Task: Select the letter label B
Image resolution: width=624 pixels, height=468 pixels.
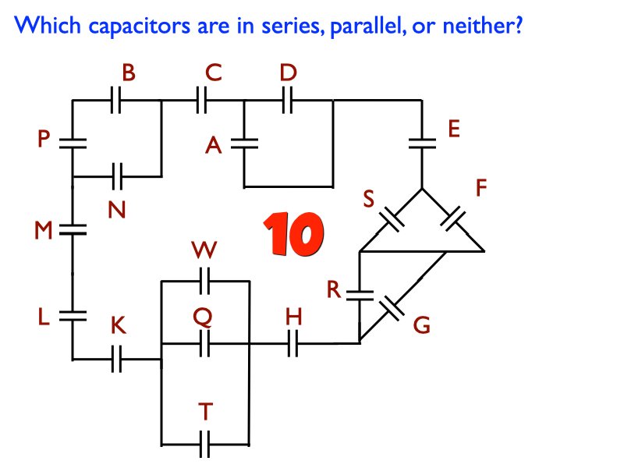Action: coord(128,73)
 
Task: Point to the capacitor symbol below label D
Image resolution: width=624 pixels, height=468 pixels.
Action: coord(287,101)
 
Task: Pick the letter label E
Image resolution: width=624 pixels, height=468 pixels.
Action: coord(455,129)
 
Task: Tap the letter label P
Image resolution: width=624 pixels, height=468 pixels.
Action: coord(44,140)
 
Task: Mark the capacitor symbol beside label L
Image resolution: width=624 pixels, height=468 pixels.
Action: coord(72,314)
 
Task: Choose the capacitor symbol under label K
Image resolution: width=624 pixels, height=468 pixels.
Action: coord(117,360)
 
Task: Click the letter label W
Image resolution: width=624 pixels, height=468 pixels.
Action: coord(204,251)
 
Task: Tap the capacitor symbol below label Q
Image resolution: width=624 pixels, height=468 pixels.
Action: coord(204,342)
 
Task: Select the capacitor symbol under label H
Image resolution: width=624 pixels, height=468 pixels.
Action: coord(293,342)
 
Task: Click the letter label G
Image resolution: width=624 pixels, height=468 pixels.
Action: coord(420,325)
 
